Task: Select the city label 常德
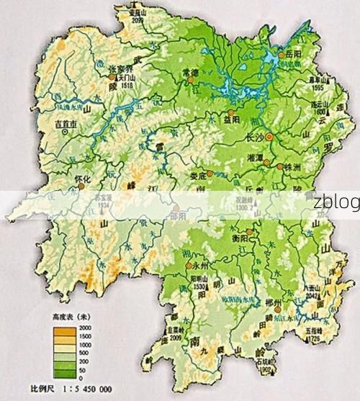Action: tap(190, 73)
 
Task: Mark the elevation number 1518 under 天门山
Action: tap(129, 84)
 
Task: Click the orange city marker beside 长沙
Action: tap(269, 135)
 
